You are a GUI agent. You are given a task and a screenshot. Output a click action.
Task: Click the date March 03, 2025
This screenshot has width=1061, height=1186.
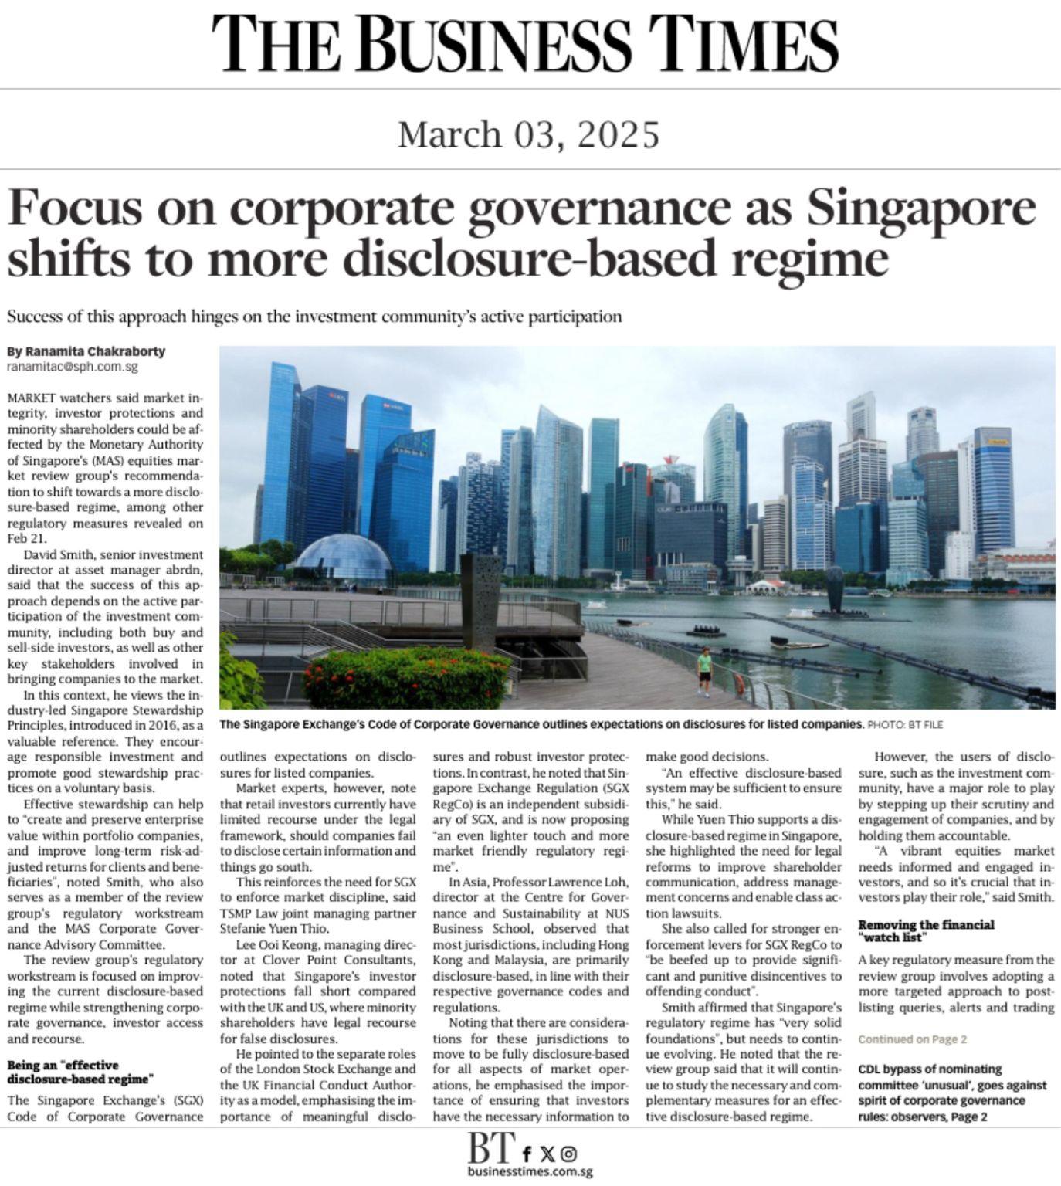click(529, 134)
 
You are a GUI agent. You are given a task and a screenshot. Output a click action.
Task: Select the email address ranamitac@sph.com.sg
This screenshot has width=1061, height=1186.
click(73, 368)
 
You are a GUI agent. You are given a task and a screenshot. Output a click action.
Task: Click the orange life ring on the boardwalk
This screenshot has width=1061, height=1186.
click(739, 683)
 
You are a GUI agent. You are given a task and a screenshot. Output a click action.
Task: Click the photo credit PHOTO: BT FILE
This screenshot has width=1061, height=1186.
click(905, 725)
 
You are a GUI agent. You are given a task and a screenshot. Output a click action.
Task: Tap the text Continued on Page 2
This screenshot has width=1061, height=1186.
click(912, 1039)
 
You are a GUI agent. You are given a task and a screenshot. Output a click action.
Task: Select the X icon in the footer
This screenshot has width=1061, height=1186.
click(547, 1154)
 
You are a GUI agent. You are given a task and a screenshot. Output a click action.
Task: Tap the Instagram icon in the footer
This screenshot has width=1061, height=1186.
click(569, 1154)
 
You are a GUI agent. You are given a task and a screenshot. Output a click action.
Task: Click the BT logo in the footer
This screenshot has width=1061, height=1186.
click(490, 1148)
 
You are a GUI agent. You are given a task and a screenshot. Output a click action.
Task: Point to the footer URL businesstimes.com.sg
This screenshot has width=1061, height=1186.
click(530, 1171)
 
